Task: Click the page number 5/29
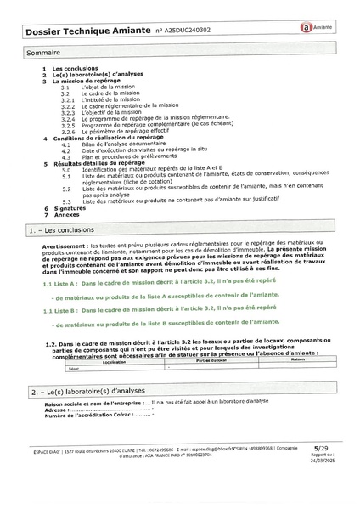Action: (321, 469)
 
